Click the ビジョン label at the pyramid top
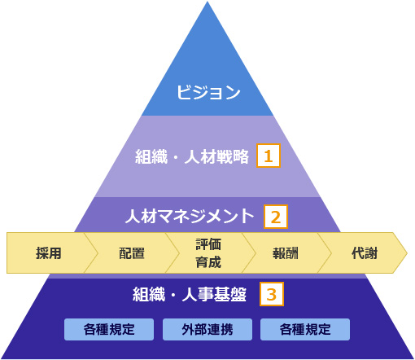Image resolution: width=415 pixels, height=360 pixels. (208, 92)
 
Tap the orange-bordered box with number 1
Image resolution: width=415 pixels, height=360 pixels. (269, 156)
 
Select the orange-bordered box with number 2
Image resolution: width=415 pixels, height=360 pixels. (276, 217)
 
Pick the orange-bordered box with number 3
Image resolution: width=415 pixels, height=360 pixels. (272, 294)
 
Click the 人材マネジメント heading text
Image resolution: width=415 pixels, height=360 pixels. (190, 216)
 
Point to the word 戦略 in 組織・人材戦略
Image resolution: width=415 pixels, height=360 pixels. (233, 156)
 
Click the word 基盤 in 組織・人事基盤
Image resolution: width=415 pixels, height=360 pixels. (230, 294)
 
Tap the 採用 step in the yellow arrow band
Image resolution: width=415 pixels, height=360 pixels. (49, 253)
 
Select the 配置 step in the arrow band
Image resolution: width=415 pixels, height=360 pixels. (132, 253)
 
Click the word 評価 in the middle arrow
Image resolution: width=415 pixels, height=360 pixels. (208, 244)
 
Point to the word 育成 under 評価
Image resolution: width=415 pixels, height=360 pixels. (208, 262)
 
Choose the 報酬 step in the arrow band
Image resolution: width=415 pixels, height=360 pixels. (286, 253)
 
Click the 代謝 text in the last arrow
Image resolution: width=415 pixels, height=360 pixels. (365, 253)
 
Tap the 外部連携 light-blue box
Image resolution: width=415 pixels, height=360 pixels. (207, 329)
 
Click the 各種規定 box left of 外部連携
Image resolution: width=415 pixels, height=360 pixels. (109, 329)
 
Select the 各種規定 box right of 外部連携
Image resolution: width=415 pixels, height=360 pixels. (305, 329)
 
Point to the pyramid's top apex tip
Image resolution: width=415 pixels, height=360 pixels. (207, 2)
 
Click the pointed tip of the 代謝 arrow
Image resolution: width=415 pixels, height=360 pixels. (407, 253)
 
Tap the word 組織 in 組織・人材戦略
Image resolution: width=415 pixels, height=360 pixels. (151, 156)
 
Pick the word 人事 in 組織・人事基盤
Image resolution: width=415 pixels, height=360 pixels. (198, 294)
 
